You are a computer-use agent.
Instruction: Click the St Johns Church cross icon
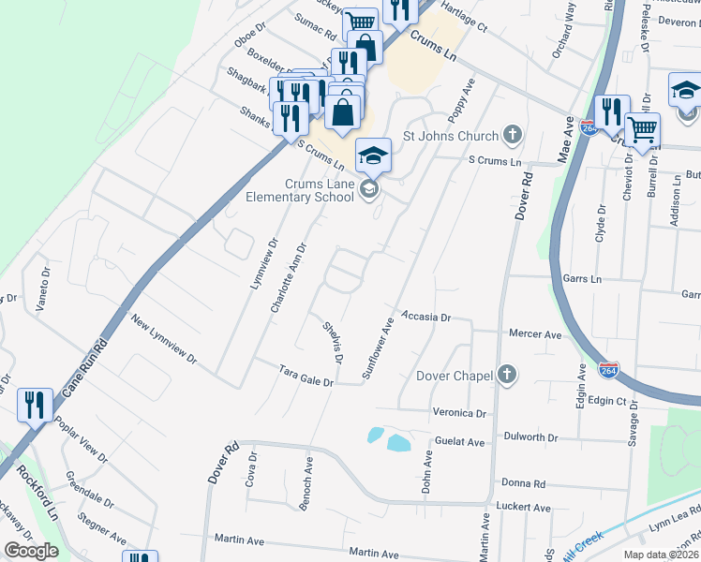click(x=512, y=136)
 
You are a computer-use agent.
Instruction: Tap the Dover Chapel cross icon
click(x=507, y=376)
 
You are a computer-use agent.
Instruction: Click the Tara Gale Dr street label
click(x=306, y=376)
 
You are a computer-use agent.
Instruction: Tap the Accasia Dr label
click(x=426, y=317)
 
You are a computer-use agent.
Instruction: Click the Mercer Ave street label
click(x=534, y=333)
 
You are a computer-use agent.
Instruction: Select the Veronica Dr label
click(x=459, y=412)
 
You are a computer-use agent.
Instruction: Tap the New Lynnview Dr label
click(x=165, y=339)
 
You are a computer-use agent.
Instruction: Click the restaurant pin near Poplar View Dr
click(x=35, y=406)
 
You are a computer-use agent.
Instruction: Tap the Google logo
click(x=31, y=551)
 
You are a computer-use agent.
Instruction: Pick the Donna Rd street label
click(x=524, y=483)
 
